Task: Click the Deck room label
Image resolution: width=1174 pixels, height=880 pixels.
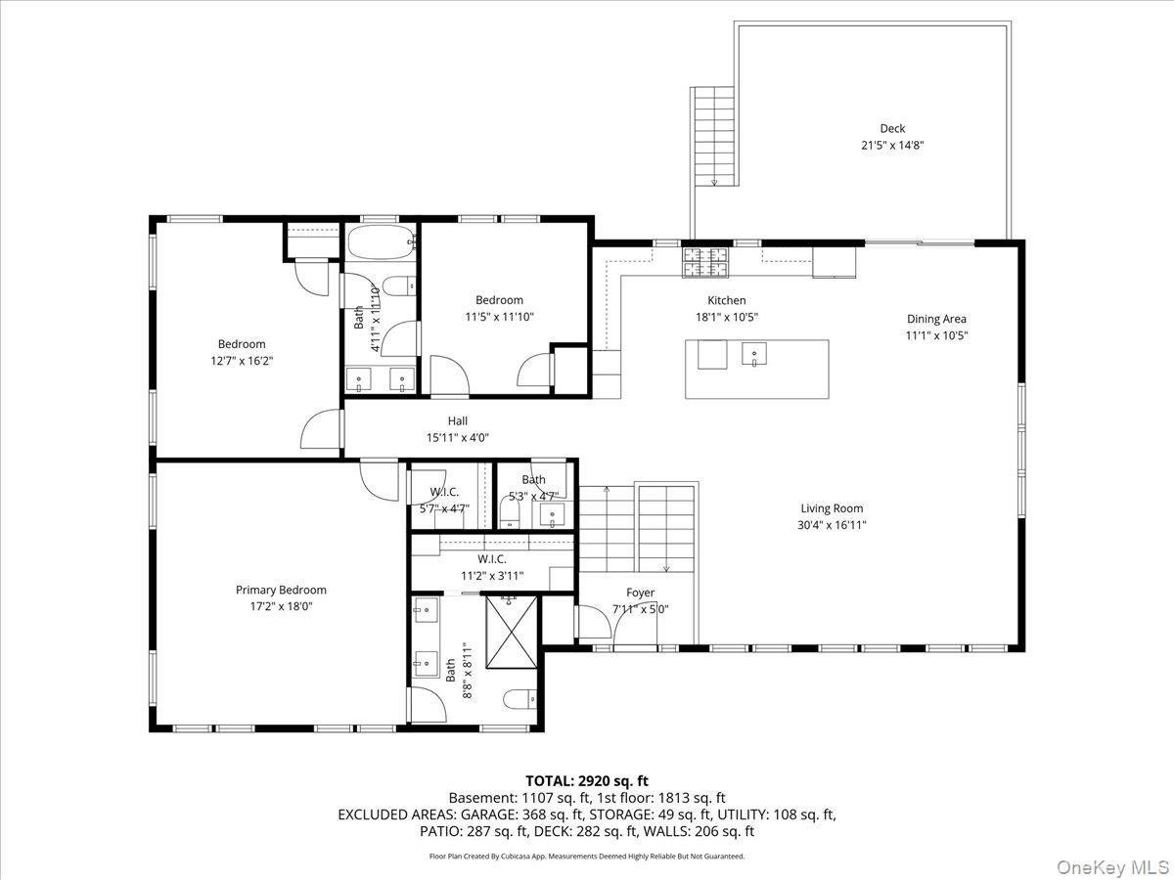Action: click(x=891, y=128)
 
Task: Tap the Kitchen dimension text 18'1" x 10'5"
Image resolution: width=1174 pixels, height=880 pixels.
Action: click(x=727, y=317)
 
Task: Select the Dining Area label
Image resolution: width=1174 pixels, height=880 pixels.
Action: click(x=936, y=319)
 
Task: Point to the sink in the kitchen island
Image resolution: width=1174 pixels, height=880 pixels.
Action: click(x=754, y=354)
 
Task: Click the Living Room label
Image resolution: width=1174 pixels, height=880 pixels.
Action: click(x=832, y=508)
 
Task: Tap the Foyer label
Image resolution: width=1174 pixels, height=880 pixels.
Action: click(x=641, y=593)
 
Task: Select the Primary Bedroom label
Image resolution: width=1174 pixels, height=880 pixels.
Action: click(x=281, y=590)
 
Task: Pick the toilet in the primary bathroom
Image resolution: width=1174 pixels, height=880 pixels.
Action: click(x=519, y=698)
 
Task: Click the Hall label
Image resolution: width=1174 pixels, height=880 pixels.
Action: click(x=458, y=421)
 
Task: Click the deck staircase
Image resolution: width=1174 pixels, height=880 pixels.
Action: click(x=714, y=135)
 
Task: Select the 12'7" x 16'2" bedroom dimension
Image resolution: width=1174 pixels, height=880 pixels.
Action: click(x=242, y=361)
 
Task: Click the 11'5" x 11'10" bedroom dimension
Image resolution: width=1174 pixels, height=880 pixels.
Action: click(x=499, y=317)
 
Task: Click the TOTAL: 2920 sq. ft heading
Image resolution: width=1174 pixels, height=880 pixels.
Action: click(x=587, y=780)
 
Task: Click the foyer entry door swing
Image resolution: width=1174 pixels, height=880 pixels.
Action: click(x=591, y=623)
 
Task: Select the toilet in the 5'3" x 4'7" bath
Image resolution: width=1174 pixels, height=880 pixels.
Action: click(x=511, y=509)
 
